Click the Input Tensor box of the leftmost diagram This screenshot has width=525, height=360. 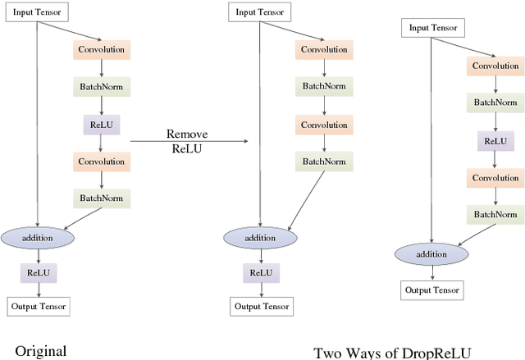point(39,12)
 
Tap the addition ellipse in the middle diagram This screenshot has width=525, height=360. point(260,238)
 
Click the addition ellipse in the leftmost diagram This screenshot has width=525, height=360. point(39,238)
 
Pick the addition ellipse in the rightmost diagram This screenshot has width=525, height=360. point(431,253)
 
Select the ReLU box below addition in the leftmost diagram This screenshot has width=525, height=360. point(39,272)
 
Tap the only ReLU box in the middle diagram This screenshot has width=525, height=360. point(260,272)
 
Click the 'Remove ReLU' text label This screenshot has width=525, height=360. point(188,141)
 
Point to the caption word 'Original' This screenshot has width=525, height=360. point(39,351)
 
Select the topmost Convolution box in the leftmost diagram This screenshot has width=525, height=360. point(101,49)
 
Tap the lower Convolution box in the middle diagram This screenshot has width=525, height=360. point(323,124)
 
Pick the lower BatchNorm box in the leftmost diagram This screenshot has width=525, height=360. point(101,198)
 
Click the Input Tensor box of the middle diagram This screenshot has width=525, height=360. point(260,12)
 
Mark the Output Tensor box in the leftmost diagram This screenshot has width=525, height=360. point(39,307)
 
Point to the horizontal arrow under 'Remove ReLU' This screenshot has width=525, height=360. point(189,142)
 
